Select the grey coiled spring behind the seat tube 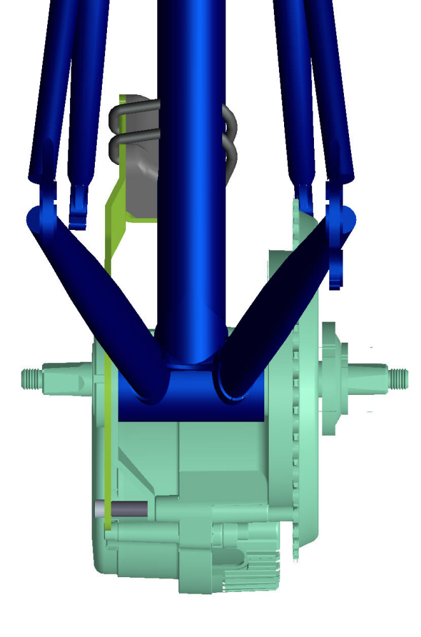tap(127, 137)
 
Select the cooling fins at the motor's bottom tap(255, 576)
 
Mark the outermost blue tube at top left tap(48, 96)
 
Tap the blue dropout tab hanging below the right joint tap(337, 268)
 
